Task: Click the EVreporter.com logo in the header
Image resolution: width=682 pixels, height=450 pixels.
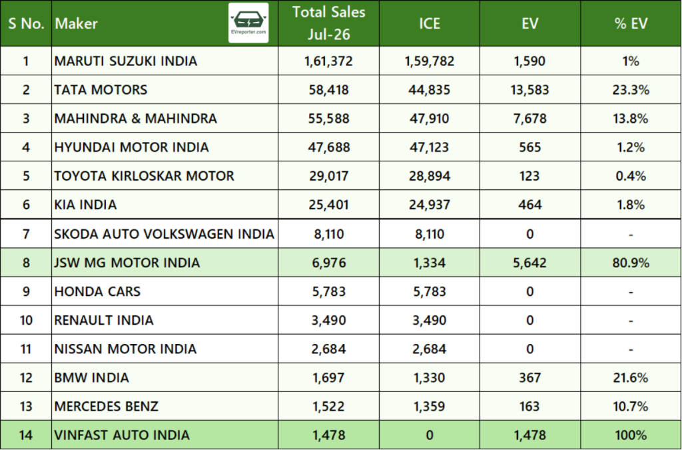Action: coord(248,23)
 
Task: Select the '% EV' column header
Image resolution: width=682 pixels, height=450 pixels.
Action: coord(631,23)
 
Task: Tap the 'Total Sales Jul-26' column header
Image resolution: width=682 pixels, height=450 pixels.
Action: coord(329,23)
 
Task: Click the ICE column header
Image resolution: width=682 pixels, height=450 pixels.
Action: coord(430,23)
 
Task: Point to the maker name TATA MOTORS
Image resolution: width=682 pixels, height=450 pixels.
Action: coord(101,89)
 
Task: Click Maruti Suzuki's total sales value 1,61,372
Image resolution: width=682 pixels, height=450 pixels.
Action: coord(329,61)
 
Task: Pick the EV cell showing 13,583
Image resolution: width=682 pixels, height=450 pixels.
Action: coord(529,89)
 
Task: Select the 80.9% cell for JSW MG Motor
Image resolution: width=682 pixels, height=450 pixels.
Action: coord(631,263)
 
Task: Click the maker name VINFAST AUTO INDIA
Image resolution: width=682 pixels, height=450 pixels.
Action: coord(122,435)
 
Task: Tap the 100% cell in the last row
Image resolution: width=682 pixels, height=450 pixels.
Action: coord(631,435)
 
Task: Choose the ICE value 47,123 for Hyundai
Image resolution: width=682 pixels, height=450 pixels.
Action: coord(430,147)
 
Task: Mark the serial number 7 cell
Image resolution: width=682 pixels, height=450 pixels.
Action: coord(26,234)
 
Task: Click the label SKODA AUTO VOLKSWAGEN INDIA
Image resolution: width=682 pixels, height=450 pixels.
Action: coord(164,234)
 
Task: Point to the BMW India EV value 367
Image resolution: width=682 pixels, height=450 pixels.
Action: coord(529,377)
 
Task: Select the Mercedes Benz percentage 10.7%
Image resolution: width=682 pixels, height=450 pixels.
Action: coord(631,406)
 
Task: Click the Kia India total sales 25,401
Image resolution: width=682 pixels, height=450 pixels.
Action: coord(329,205)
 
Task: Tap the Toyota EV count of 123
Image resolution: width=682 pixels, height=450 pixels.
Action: coord(529,176)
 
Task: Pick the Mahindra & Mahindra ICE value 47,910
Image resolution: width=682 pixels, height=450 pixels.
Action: coord(430,119)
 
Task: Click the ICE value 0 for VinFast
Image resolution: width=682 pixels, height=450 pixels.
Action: coord(430,435)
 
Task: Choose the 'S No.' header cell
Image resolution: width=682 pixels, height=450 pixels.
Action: coord(26,23)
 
